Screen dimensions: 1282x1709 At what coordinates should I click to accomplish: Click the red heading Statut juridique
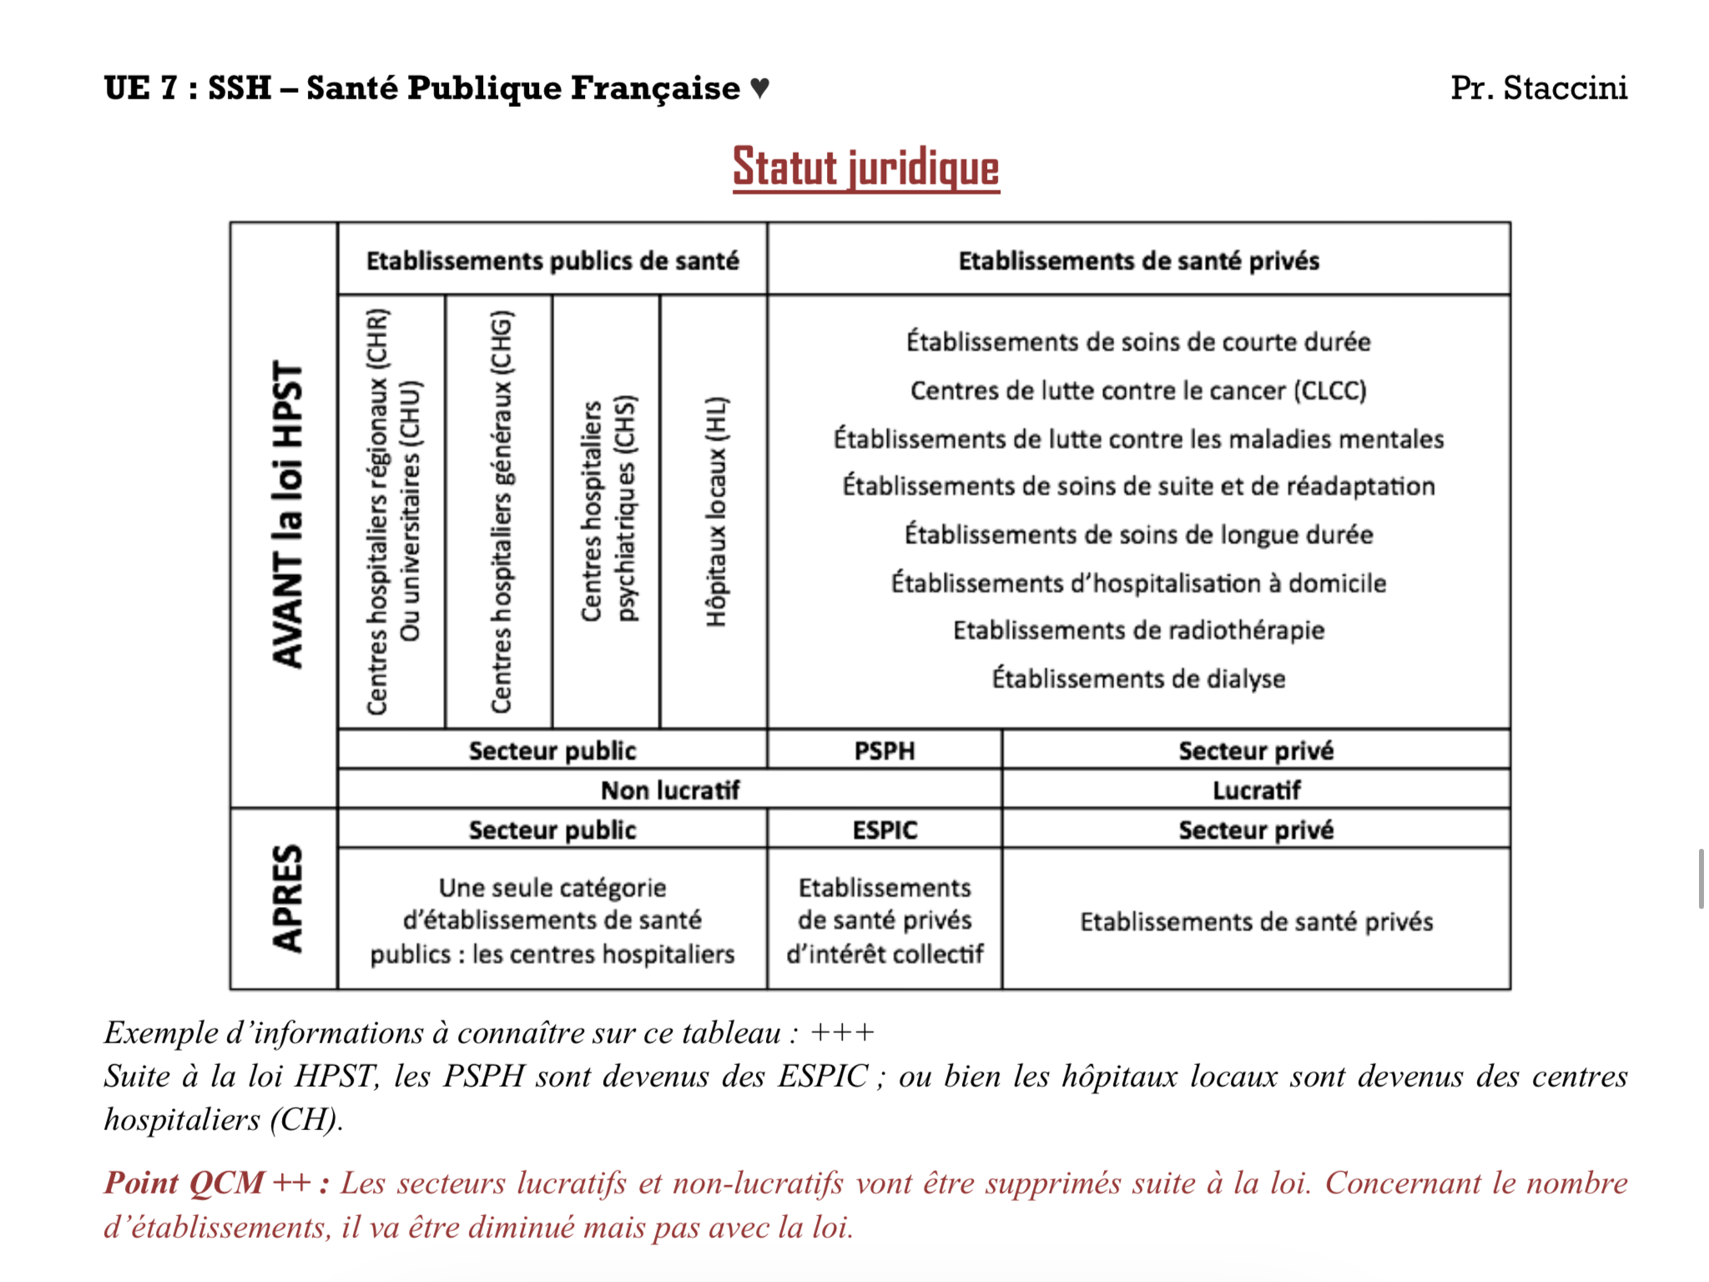[x=865, y=168]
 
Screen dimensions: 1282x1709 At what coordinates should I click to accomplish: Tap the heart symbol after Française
[x=759, y=88]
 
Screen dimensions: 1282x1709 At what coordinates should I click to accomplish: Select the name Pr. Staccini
[x=1538, y=88]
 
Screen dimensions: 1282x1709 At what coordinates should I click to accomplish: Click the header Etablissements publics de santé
[x=552, y=260]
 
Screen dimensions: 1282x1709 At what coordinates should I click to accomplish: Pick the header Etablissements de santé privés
[x=1138, y=260]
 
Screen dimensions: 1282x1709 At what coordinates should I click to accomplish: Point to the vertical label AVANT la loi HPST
[x=286, y=514]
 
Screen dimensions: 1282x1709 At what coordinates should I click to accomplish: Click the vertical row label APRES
[x=286, y=898]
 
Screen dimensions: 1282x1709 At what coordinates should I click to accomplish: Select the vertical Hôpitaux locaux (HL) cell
[x=716, y=511]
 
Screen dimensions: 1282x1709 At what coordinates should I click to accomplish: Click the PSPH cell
[x=885, y=750]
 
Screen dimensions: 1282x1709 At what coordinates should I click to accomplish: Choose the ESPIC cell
[x=885, y=830]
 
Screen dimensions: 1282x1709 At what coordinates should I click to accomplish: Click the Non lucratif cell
[x=670, y=790]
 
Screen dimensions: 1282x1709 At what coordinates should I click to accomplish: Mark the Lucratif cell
[x=1256, y=790]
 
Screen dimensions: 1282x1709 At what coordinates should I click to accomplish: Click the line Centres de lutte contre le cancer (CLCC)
[x=1138, y=391]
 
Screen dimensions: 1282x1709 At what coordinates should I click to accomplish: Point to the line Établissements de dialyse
[x=1138, y=678]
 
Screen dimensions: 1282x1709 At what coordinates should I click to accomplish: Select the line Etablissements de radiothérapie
[x=1138, y=630]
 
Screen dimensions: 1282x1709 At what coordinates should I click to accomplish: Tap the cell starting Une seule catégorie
[x=552, y=920]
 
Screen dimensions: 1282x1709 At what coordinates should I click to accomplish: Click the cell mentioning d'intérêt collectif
[x=885, y=920]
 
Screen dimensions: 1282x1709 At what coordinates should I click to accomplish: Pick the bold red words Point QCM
[x=184, y=1183]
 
